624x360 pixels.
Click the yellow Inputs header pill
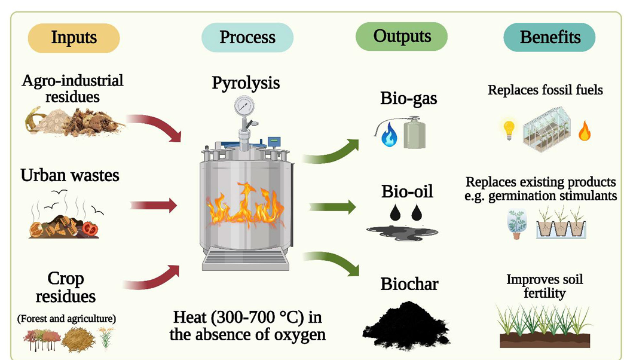click(74, 38)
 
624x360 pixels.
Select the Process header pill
click(247, 38)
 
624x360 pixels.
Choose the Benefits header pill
click(549, 38)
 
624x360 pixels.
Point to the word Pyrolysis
click(246, 83)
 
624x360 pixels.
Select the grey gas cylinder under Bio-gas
click(414, 133)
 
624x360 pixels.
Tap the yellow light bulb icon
click(509, 128)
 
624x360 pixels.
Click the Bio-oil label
click(407, 192)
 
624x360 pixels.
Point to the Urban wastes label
click(70, 175)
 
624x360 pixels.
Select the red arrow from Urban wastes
click(154, 206)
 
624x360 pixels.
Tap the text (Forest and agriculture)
click(66, 319)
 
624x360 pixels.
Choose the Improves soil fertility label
click(545, 286)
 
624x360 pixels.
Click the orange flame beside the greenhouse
click(584, 130)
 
